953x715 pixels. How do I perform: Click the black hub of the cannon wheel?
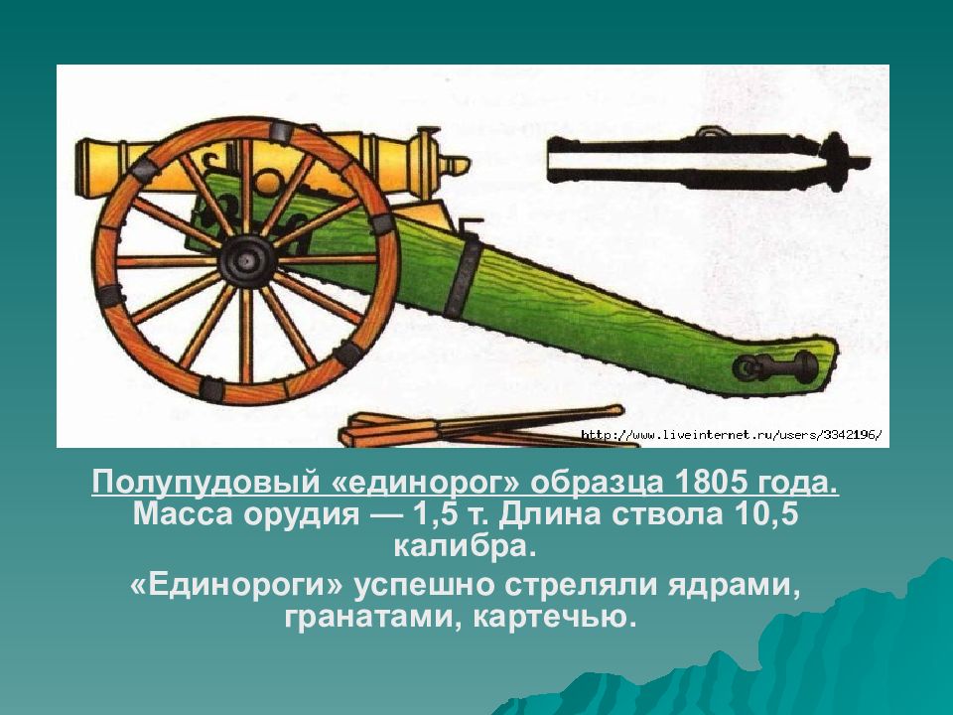tap(245, 261)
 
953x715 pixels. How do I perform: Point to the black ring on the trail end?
tap(747, 368)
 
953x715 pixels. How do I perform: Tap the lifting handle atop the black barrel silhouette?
tap(709, 132)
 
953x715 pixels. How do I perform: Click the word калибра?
tap(465, 546)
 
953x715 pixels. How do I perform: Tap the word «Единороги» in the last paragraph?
tap(236, 586)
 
